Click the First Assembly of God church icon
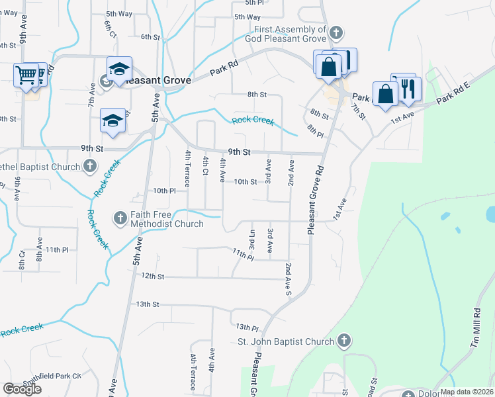[336, 32]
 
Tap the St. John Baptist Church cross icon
[343, 341]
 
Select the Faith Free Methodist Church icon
[120, 217]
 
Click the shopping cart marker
[26, 75]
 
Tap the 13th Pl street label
[246, 328]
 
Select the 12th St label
[152, 275]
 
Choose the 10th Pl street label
[163, 191]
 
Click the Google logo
[22, 389]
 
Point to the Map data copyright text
[467, 392]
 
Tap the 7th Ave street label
[91, 94]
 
